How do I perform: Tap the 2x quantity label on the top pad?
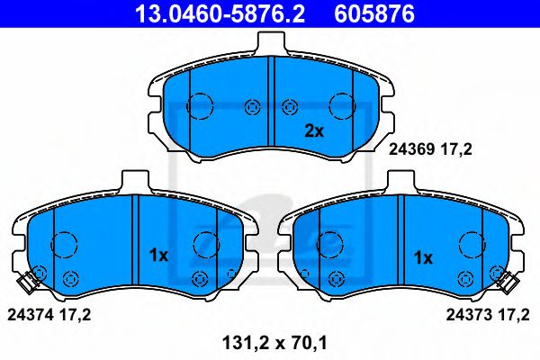pos(312,130)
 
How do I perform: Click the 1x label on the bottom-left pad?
pos(158,256)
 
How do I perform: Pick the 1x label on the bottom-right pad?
pos(422,256)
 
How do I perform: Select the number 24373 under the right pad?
pos(468,314)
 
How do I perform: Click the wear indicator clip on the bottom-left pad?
pos(30,282)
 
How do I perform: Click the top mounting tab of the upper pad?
pos(271,43)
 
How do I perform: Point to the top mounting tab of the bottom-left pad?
pos(133,180)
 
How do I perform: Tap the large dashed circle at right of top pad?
pos(343,106)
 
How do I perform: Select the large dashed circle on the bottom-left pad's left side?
pos(65,243)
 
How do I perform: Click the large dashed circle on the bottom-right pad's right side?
pos(472,244)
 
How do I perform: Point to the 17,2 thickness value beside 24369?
pos(456,154)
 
